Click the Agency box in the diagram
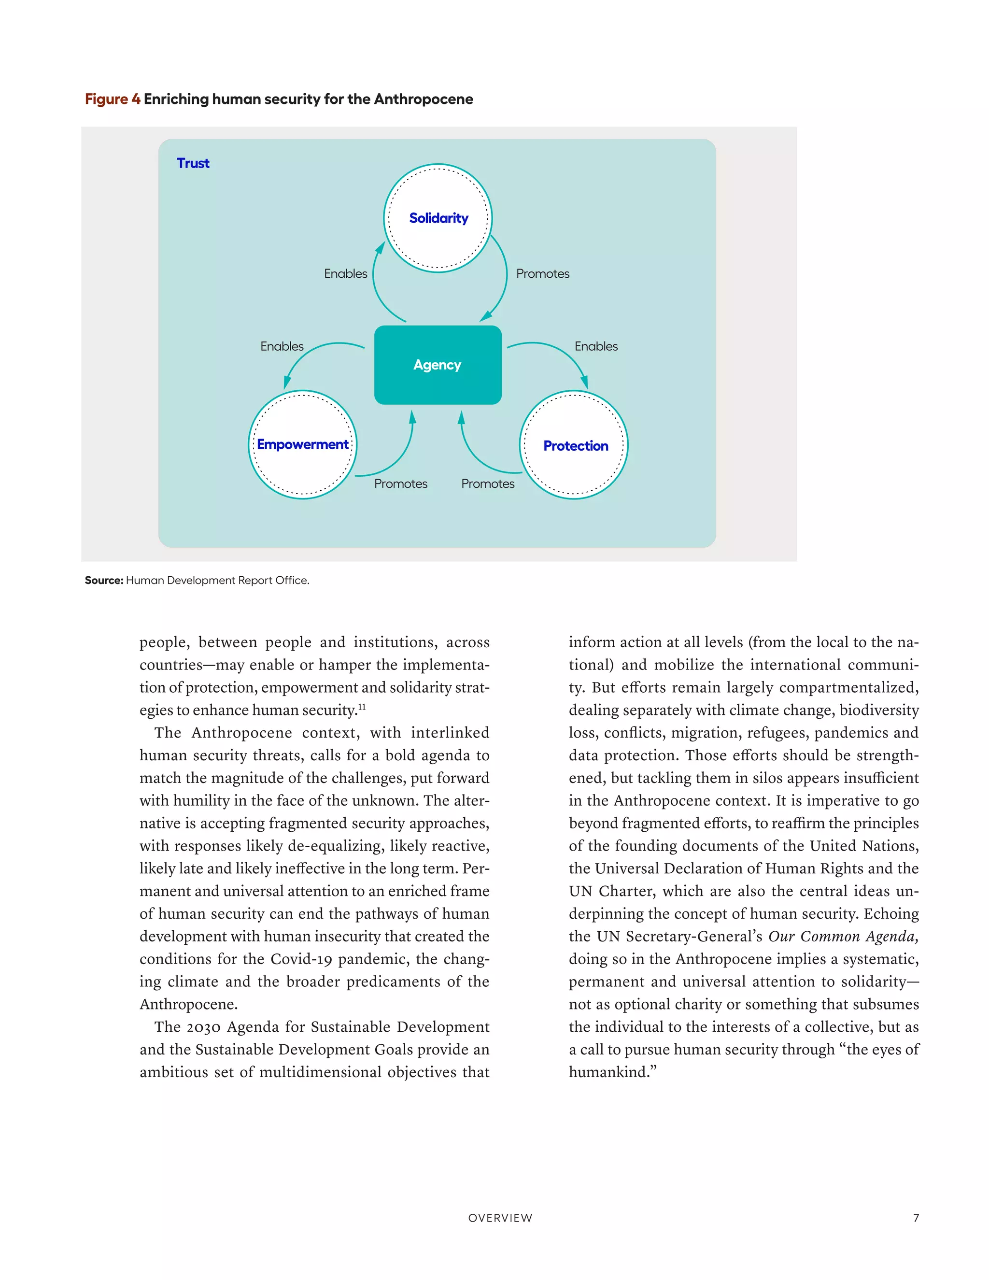[438, 365]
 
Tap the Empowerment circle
[302, 444]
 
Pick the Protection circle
[574, 445]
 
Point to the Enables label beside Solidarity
[346, 274]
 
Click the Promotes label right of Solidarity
[542, 274]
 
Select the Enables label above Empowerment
[282, 346]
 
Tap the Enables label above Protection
[596, 346]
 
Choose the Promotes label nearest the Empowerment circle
[401, 484]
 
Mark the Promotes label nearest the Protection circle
[487, 484]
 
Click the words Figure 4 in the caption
[113, 99]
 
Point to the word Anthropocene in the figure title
[423, 99]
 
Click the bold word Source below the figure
[104, 580]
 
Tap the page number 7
[916, 1218]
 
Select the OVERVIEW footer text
[500, 1218]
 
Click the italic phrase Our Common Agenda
[843, 937]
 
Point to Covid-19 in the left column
[300, 959]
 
